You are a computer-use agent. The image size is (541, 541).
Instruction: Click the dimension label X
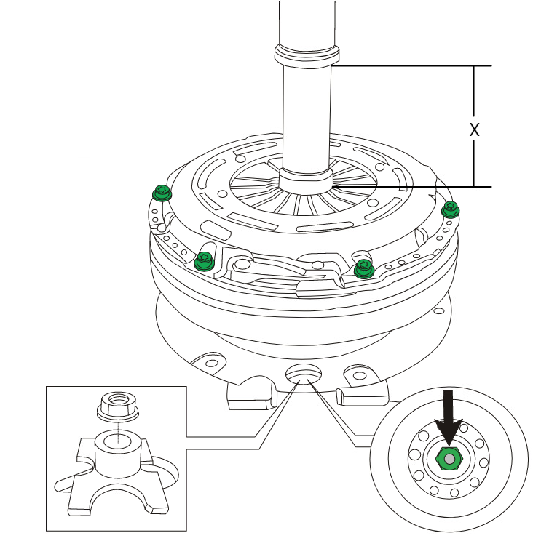click(474, 129)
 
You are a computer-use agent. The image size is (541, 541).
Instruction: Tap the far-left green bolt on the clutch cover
click(161, 193)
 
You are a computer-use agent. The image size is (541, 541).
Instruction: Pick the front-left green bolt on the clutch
click(205, 259)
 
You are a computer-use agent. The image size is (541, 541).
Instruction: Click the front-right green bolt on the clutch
click(363, 269)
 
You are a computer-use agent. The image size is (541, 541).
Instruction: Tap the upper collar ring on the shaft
click(307, 54)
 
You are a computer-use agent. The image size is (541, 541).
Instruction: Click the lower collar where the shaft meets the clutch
click(306, 179)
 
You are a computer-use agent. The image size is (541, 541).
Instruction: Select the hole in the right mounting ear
click(358, 372)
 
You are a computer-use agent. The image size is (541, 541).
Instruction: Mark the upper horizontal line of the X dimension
click(415, 66)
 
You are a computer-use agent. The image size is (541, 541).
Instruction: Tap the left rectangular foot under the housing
click(250, 397)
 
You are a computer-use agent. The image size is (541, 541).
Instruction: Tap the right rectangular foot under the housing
click(365, 395)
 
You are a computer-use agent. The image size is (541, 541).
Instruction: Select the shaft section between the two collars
click(307, 116)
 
